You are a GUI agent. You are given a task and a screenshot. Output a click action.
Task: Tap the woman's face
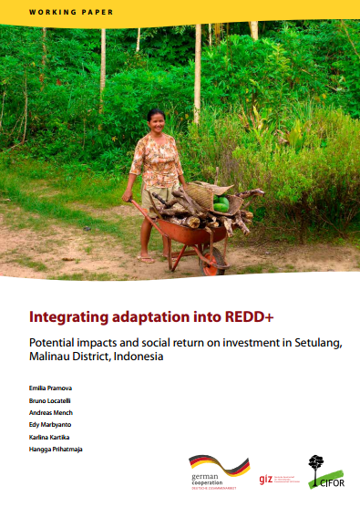(x=157, y=120)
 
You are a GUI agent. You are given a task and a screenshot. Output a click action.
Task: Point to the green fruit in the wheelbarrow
(x=221, y=206)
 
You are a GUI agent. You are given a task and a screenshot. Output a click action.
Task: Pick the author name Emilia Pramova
(x=51, y=389)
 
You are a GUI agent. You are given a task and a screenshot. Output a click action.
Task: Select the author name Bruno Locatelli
(x=50, y=400)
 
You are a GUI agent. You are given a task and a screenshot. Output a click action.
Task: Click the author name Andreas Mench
(x=50, y=412)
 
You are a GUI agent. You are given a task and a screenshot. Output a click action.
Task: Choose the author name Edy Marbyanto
(x=51, y=424)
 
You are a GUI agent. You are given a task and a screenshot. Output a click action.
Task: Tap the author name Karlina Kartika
(x=50, y=436)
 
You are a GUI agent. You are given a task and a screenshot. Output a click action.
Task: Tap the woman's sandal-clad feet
(x=146, y=258)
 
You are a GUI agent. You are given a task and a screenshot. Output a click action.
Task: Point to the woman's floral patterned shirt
(x=157, y=160)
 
